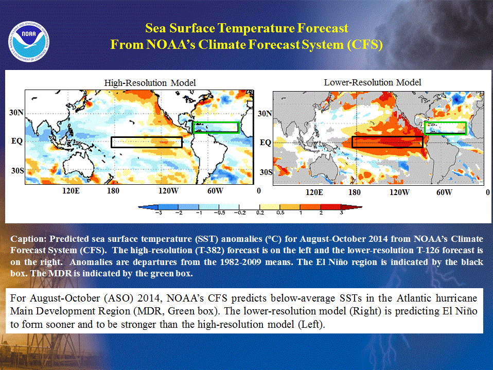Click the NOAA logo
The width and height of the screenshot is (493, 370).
point(29,42)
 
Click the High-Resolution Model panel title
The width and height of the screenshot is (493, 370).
point(150,83)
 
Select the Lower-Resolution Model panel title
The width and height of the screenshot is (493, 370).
point(373,82)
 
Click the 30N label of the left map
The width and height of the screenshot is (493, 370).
point(16,113)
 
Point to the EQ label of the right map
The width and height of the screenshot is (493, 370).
point(266,143)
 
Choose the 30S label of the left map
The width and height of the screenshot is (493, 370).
point(17,171)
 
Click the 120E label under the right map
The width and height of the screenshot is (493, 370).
point(314,192)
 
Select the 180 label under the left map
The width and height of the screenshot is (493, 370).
point(113,191)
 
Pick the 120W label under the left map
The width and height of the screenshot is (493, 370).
point(168,191)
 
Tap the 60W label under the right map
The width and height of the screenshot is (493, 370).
point(444,192)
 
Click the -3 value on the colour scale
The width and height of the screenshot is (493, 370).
point(159,213)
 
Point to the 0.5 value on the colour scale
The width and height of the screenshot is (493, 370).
point(280,213)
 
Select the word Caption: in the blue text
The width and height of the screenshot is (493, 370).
point(28,239)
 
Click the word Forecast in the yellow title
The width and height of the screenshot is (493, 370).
point(323,28)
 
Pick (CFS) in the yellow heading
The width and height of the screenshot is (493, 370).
point(365,45)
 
